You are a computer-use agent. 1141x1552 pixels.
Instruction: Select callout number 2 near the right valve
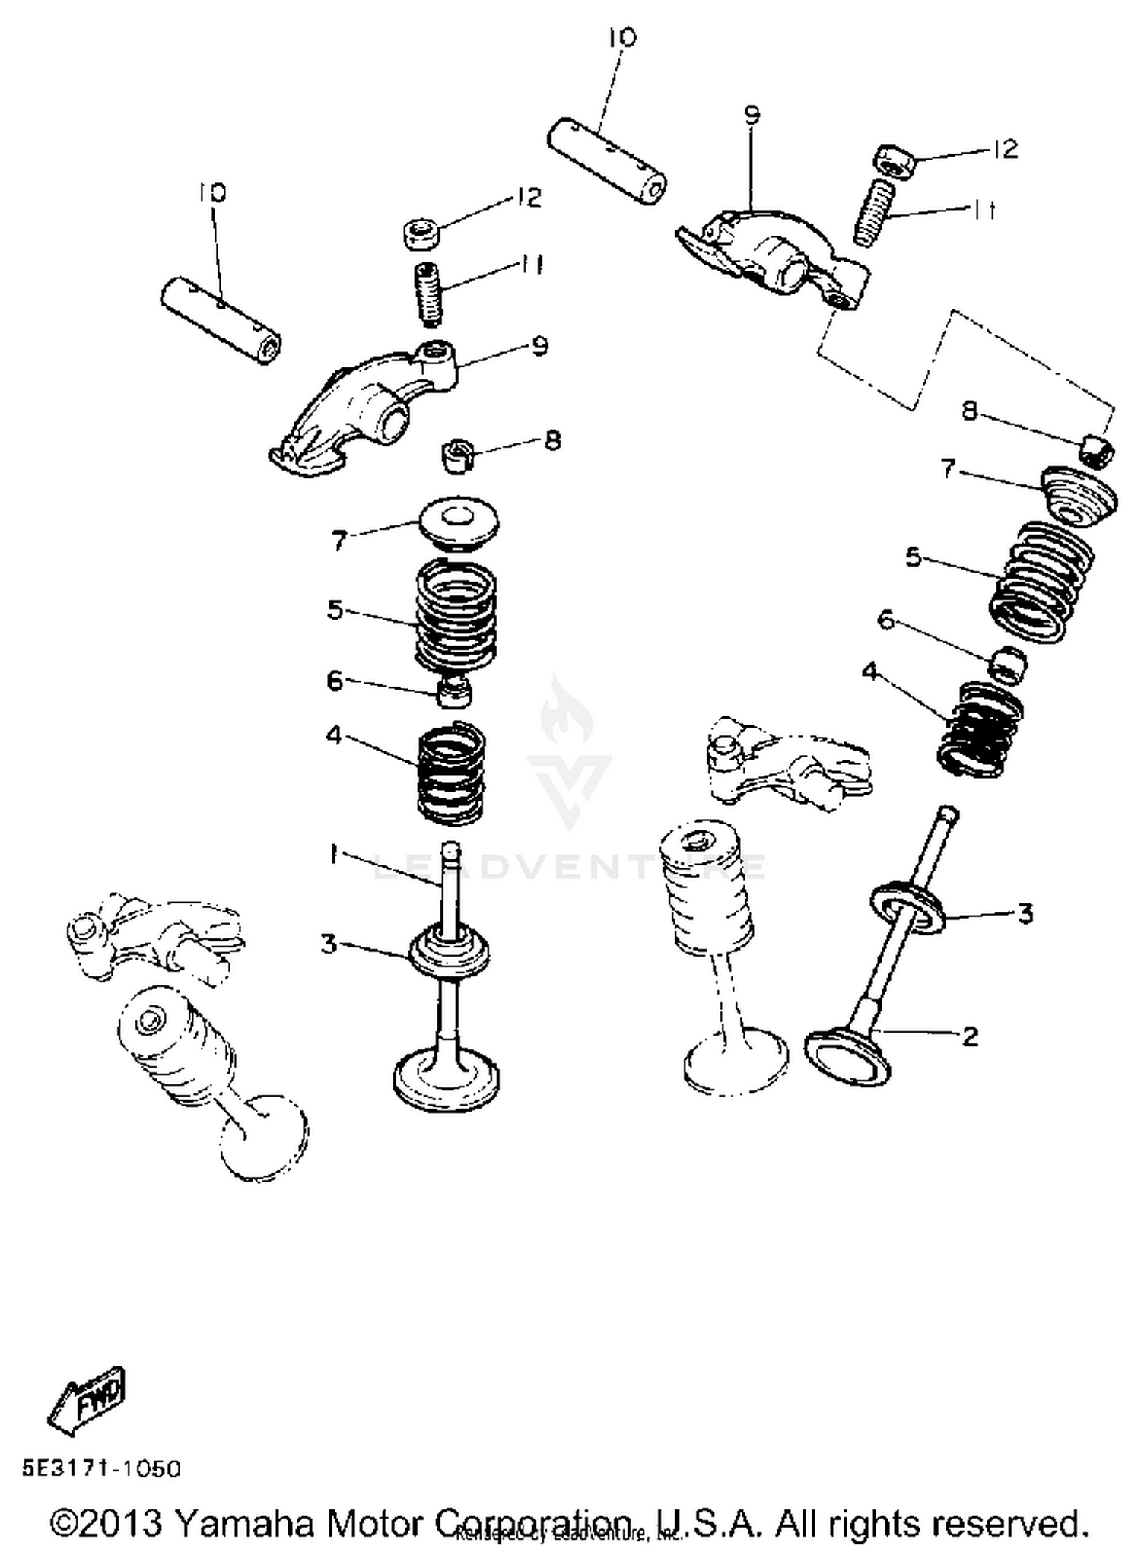coord(969,1035)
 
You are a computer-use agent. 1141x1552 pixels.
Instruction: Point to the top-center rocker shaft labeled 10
coord(606,163)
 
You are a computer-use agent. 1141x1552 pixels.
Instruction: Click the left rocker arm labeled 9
coord(358,411)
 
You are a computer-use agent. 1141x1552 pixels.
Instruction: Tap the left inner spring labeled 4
coord(451,773)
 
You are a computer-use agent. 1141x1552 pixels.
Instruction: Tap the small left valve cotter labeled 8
coord(456,455)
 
